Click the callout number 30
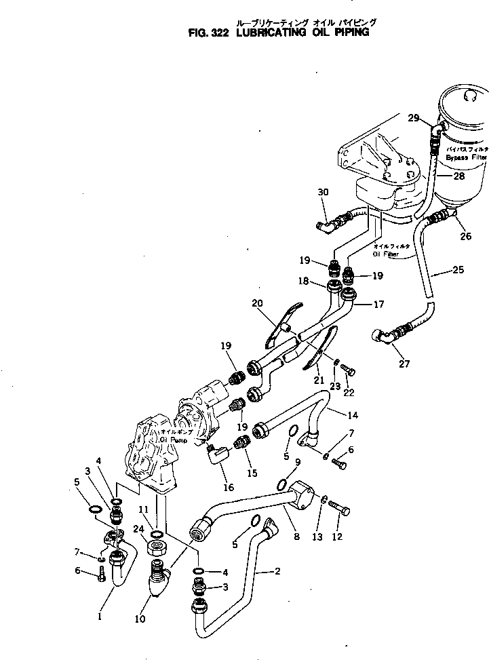(x=322, y=193)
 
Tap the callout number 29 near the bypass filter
(x=414, y=118)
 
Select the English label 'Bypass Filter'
(x=466, y=157)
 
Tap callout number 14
(x=353, y=414)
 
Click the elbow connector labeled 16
(x=218, y=455)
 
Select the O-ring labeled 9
(x=283, y=484)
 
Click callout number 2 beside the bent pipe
(x=277, y=571)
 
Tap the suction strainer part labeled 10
(x=158, y=584)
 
